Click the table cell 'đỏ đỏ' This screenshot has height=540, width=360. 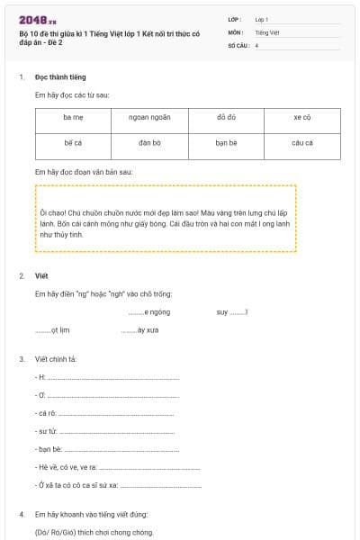pyautogui.click(x=226, y=118)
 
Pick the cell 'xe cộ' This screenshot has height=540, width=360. pyautogui.click(x=301, y=118)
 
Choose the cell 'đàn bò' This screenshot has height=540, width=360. pyautogui.click(x=149, y=143)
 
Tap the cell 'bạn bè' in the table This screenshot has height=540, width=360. pyautogui.click(x=226, y=143)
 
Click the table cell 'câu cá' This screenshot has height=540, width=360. pyautogui.click(x=301, y=143)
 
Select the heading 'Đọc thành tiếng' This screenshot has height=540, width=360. pyautogui.click(x=60, y=77)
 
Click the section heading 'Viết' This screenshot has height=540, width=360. pyautogui.click(x=41, y=275)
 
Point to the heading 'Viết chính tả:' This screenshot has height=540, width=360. pyautogui.click(x=56, y=359)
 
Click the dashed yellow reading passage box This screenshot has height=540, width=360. pyautogui.click(x=166, y=219)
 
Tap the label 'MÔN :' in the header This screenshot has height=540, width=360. pyautogui.click(x=237, y=31)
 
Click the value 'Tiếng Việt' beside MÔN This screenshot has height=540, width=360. pyautogui.click(x=267, y=31)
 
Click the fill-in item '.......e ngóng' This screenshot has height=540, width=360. pyautogui.click(x=148, y=311)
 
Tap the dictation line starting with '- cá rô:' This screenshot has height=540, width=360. pyautogui.click(x=108, y=413)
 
